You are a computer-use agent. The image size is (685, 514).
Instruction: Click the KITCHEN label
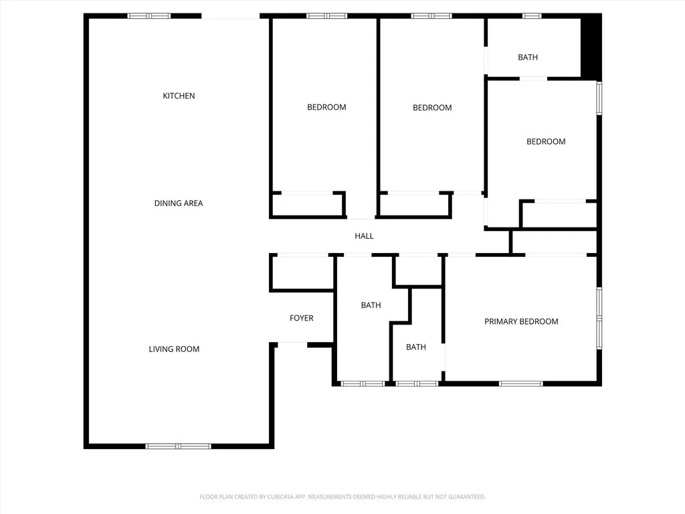tap(179, 96)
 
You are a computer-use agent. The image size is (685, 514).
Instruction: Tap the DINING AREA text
tap(178, 203)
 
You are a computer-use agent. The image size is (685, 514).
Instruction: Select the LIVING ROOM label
tap(174, 349)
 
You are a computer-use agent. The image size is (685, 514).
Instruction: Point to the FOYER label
tap(301, 318)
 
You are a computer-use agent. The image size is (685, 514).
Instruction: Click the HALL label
tap(364, 236)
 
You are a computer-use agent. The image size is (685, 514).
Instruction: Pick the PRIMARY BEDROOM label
tap(521, 321)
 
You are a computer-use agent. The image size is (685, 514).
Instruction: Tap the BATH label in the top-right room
tap(527, 58)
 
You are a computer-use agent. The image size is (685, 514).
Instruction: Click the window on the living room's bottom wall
tap(178, 446)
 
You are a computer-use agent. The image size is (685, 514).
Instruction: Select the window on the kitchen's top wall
tap(149, 15)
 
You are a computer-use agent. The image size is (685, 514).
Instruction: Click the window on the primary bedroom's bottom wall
tap(520, 383)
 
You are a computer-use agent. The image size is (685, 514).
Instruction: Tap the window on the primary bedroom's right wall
tap(599, 318)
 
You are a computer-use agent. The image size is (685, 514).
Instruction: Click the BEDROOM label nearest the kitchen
tap(326, 107)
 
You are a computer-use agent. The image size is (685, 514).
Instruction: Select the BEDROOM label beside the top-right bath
tap(545, 141)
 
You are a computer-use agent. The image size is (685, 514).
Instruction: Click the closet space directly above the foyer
tap(301, 273)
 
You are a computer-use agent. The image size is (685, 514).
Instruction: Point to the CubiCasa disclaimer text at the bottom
tap(342, 497)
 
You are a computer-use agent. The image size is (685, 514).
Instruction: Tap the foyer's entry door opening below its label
tap(292, 343)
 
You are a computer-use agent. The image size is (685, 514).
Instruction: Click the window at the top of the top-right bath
tap(532, 15)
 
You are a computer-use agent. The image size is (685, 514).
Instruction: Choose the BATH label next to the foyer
tap(371, 305)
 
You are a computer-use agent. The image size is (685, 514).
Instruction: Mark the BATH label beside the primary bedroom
tap(415, 347)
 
